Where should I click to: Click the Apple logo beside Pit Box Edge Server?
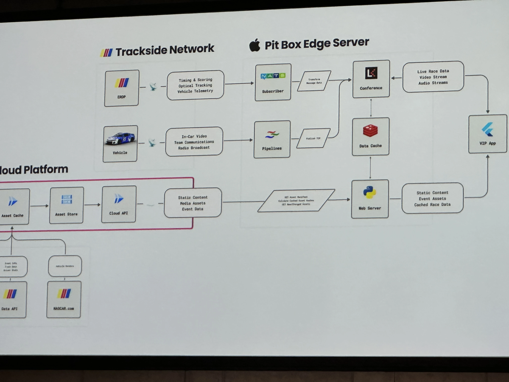[x=255, y=45]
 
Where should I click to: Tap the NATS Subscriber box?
[x=273, y=82]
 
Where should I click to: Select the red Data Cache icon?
[x=370, y=131]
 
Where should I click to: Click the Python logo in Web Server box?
[x=369, y=193]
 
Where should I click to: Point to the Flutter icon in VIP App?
[x=487, y=129]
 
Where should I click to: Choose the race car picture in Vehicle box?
[x=120, y=138]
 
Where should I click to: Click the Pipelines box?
[x=272, y=139]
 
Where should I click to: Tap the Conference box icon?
[x=371, y=73]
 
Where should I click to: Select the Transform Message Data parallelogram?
[x=314, y=81]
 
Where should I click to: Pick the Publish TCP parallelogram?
[x=313, y=138]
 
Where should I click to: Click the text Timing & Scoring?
[x=195, y=79]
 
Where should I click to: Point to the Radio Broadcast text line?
[x=194, y=148]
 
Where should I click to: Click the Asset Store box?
[x=67, y=205]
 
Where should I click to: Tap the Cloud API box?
[x=119, y=204]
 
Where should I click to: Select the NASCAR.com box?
[x=64, y=299]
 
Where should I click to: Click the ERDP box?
[x=121, y=88]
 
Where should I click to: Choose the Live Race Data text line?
[x=433, y=71]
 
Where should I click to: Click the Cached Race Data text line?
[x=432, y=205]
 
